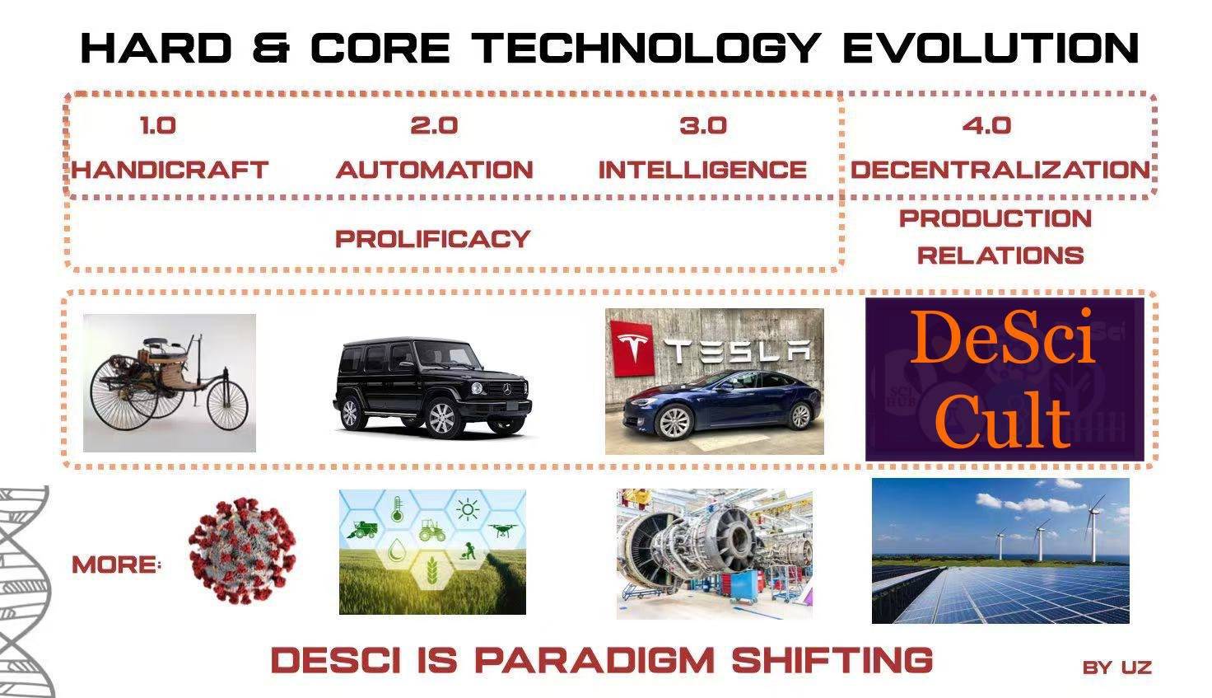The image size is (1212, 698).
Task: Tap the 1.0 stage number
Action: [158, 125]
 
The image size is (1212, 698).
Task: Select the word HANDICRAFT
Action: [170, 170]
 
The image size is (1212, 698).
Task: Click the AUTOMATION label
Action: [435, 170]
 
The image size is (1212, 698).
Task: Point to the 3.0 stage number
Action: [703, 125]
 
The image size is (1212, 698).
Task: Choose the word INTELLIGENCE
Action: [702, 170]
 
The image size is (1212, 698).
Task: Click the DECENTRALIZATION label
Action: [1000, 170]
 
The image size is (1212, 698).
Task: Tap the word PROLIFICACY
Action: [433, 239]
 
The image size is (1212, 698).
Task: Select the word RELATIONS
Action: [1000, 255]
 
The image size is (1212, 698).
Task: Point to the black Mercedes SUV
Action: [431, 386]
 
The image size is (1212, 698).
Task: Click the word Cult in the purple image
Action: [1003, 421]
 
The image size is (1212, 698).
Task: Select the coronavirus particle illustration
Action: [242, 550]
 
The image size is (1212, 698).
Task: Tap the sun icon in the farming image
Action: [468, 509]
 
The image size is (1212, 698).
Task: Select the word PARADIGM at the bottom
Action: [594, 660]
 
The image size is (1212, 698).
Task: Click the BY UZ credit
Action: [1116, 668]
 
